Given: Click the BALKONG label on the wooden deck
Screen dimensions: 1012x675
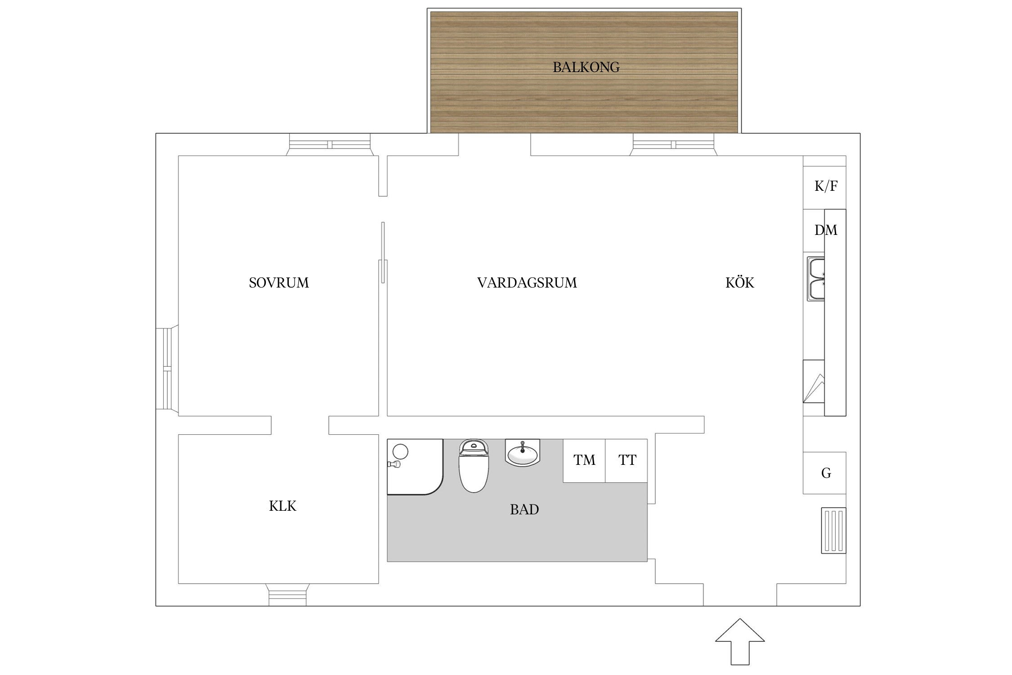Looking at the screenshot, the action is pyautogui.click(x=586, y=67).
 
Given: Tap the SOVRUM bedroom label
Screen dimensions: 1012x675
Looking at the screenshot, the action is pyautogui.click(x=279, y=283).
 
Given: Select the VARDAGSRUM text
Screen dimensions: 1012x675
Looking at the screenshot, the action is pyautogui.click(x=527, y=283).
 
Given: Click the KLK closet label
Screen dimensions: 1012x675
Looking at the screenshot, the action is pyautogui.click(x=282, y=506).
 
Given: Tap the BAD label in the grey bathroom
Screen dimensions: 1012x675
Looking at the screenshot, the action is pyautogui.click(x=524, y=509).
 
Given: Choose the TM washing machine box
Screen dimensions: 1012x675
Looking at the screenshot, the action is pyautogui.click(x=584, y=461).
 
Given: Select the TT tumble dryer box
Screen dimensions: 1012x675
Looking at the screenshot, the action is pyautogui.click(x=627, y=461).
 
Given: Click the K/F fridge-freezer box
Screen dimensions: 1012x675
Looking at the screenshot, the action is pyautogui.click(x=824, y=188).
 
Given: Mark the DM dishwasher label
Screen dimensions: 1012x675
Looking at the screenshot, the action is pyautogui.click(x=826, y=230).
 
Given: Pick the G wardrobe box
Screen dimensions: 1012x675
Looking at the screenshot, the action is pyautogui.click(x=824, y=473).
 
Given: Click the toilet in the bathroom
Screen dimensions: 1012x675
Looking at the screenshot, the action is pyautogui.click(x=473, y=466).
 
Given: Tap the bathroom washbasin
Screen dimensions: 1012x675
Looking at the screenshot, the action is pyautogui.click(x=522, y=452).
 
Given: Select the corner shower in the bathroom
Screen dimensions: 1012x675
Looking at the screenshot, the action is pyautogui.click(x=415, y=467).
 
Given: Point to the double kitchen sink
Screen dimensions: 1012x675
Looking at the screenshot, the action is pyautogui.click(x=815, y=279).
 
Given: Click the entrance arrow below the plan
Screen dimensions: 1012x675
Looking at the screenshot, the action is pyautogui.click(x=740, y=641).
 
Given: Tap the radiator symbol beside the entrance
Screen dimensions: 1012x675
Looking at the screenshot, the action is pyautogui.click(x=833, y=531).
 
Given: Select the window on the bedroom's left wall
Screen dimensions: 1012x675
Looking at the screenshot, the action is pyautogui.click(x=167, y=369).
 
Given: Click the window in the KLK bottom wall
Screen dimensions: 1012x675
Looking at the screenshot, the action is pyautogui.click(x=287, y=595).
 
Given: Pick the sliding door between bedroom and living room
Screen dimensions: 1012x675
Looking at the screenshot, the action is pyautogui.click(x=383, y=252).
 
